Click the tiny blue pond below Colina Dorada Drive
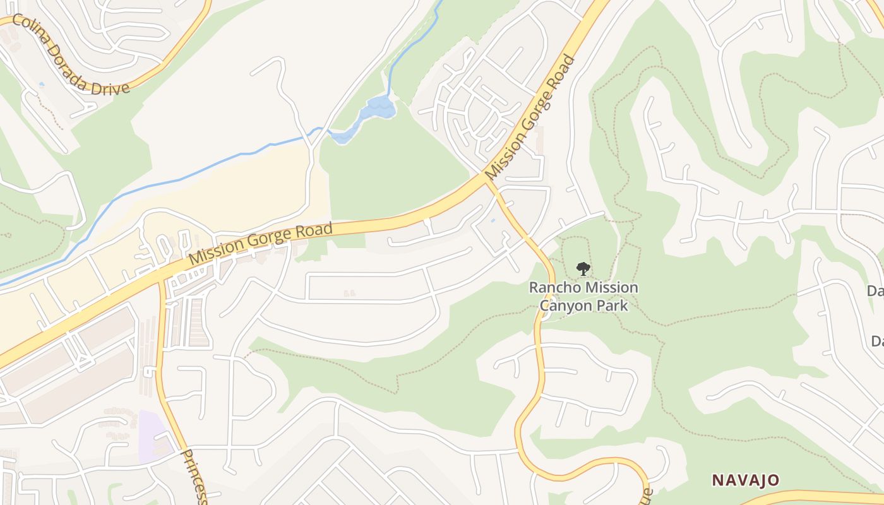click(42, 83)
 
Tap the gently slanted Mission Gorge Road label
click(260, 244)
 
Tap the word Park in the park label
click(614, 306)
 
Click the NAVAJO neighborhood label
click(746, 480)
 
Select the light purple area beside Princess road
click(153, 436)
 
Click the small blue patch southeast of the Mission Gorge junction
click(493, 221)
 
